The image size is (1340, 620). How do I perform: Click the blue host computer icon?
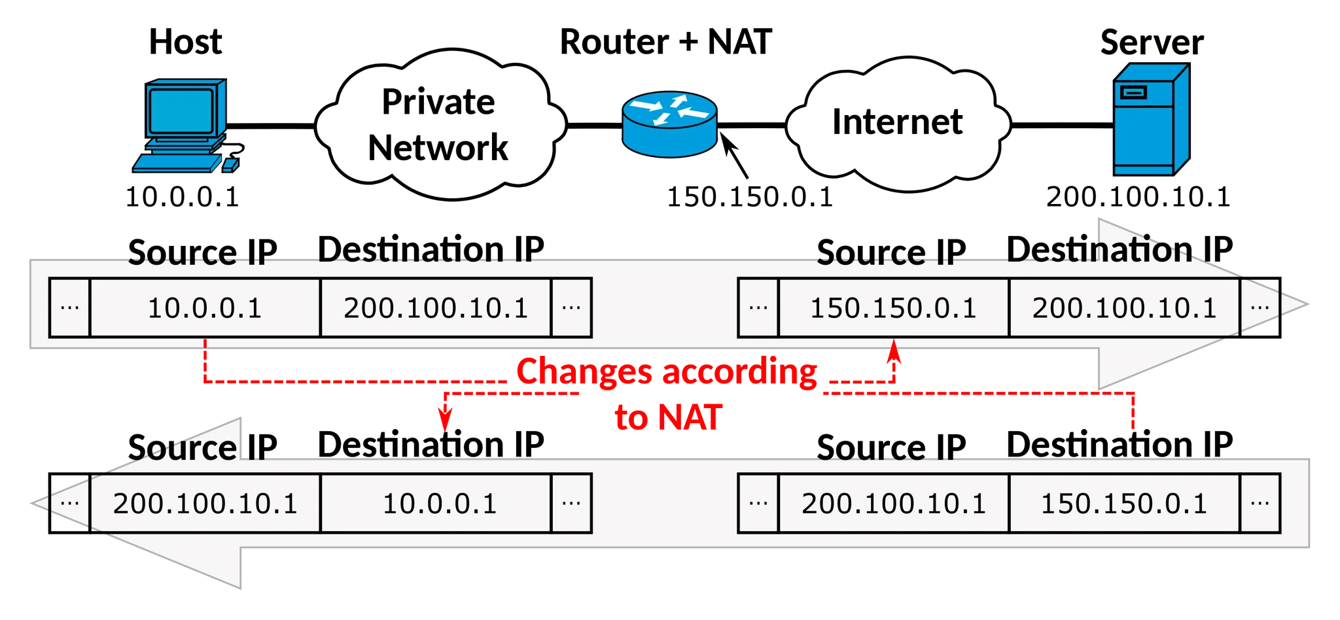187,126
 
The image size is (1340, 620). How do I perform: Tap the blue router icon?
669,124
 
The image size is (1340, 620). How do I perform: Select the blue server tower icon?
1152,119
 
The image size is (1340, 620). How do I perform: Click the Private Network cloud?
440,124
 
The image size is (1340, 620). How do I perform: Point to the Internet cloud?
898,124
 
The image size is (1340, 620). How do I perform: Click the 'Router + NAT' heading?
666,42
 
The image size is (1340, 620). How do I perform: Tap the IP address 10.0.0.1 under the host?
183,197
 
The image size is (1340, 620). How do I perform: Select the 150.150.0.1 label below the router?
750,197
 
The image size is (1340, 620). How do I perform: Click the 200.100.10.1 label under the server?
1138,197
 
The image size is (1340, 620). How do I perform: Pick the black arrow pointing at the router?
734,155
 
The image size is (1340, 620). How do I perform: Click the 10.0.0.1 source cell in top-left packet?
205,307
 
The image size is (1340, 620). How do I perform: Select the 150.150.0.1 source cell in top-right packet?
894,307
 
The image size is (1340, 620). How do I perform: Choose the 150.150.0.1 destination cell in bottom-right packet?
1124,503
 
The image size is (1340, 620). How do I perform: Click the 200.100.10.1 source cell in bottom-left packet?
205,503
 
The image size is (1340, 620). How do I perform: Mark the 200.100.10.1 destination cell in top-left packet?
436,307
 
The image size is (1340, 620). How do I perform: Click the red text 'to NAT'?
669,417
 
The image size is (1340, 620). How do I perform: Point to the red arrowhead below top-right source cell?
894,351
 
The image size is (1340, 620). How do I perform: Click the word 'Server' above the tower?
1152,42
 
